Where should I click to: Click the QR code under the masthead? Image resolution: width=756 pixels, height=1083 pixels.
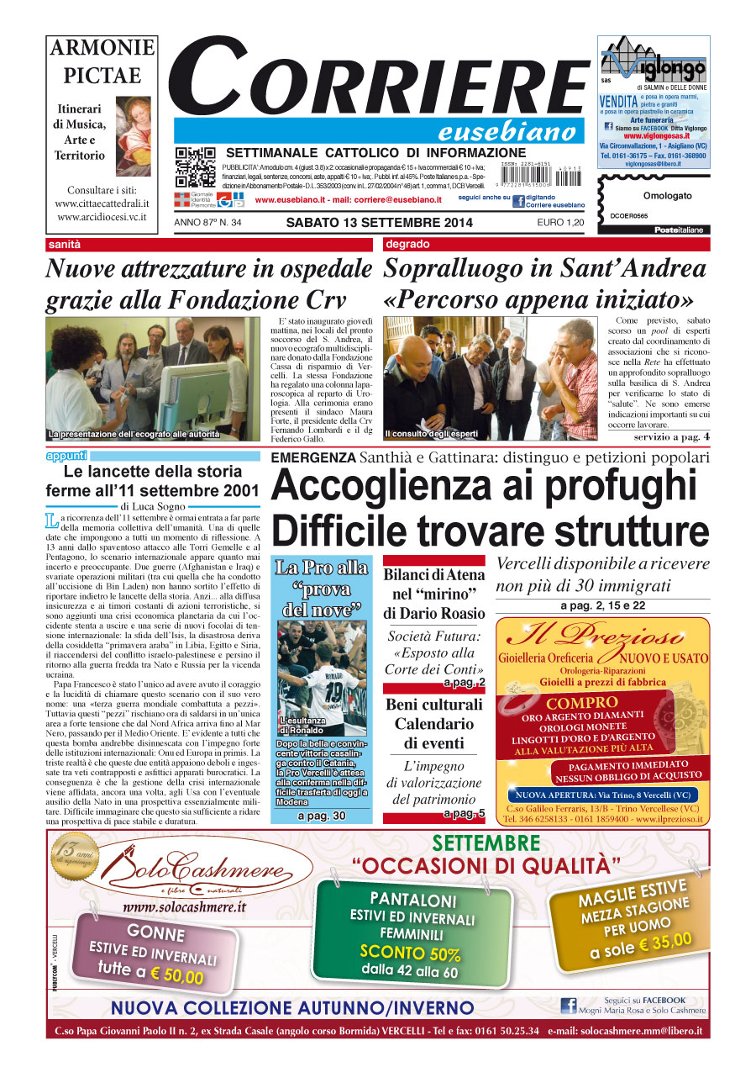point(195,167)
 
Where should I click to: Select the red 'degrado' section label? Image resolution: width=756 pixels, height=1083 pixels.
point(407,245)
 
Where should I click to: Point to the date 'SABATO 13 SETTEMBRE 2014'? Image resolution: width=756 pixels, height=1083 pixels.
point(379,223)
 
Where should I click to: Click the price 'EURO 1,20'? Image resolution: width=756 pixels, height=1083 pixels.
point(560,223)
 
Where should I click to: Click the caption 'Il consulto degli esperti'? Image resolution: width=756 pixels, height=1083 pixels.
point(431,434)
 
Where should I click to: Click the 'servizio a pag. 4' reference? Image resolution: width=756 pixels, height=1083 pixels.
point(671,436)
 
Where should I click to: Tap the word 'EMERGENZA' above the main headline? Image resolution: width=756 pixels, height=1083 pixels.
point(313,457)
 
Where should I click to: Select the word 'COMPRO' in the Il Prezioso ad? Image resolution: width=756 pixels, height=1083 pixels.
point(581,703)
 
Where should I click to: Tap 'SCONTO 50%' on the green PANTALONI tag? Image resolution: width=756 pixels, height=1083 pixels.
point(411,954)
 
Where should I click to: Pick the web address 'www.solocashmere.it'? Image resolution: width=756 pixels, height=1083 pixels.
point(184,906)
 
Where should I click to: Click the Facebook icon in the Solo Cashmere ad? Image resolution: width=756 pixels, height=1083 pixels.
point(568,1006)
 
